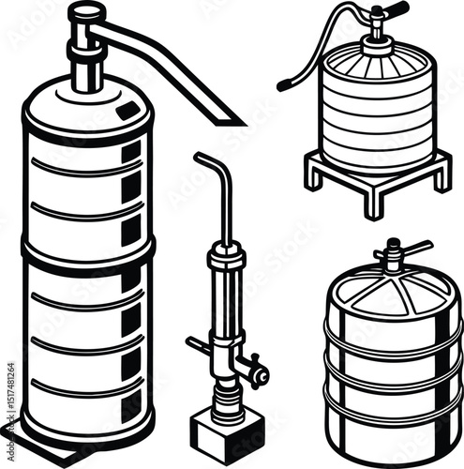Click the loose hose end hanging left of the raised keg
281,86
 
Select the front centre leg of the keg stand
374,204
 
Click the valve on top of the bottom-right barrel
391,257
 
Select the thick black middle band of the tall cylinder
88,251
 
